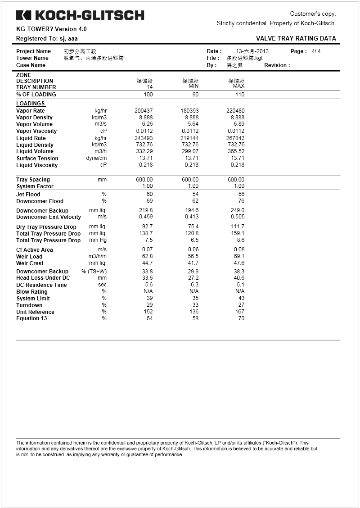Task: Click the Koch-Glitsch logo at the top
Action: (80, 15)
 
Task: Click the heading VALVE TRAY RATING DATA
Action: (296, 39)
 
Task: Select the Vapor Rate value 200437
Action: (144, 111)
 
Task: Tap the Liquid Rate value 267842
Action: (235, 138)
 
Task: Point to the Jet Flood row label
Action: (28, 195)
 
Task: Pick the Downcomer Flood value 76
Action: (241, 201)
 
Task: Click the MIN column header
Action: (193, 86)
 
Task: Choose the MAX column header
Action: (238, 86)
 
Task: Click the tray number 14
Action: (150, 87)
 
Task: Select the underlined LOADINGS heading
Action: (30, 104)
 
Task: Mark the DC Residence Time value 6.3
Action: (194, 285)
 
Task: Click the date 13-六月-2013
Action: (252, 51)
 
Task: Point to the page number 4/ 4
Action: (316, 51)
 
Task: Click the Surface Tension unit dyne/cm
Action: (97, 158)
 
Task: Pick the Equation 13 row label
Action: (31, 318)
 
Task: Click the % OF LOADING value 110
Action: (240, 95)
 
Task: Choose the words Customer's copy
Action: (313, 14)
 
